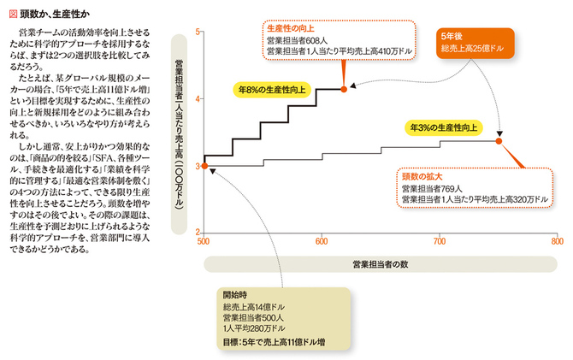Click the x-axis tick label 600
[322, 242]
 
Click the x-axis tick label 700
[440, 242]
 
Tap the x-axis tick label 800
[558, 242]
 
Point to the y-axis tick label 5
[198, 32]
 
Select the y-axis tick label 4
[198, 99]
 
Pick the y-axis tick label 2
[198, 232]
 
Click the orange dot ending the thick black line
[344, 89]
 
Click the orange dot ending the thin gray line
[499, 141]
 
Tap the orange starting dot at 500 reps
[204, 166]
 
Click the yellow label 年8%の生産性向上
[272, 90]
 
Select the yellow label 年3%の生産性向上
[443, 128]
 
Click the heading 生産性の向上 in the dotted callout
[291, 29]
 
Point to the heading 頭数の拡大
[422, 177]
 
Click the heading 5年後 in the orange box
[452, 37]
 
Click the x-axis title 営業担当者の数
[380, 264]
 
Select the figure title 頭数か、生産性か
[55, 15]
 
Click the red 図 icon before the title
[13, 15]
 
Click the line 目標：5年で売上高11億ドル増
[274, 342]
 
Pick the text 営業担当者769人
[432, 189]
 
